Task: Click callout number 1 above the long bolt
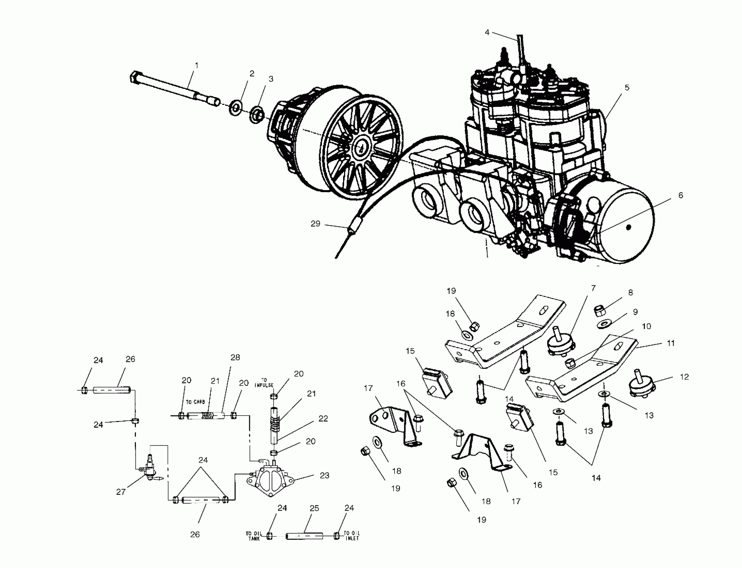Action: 196,65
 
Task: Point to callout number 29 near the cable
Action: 315,224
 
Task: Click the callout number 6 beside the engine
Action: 681,195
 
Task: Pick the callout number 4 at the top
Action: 487,32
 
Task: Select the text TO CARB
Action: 195,402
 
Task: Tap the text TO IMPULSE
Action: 264,383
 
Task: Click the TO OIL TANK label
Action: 254,536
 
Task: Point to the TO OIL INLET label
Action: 351,536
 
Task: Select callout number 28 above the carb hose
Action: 235,358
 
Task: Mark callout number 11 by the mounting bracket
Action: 671,343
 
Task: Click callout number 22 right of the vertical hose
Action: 323,418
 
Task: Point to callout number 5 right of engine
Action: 627,88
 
